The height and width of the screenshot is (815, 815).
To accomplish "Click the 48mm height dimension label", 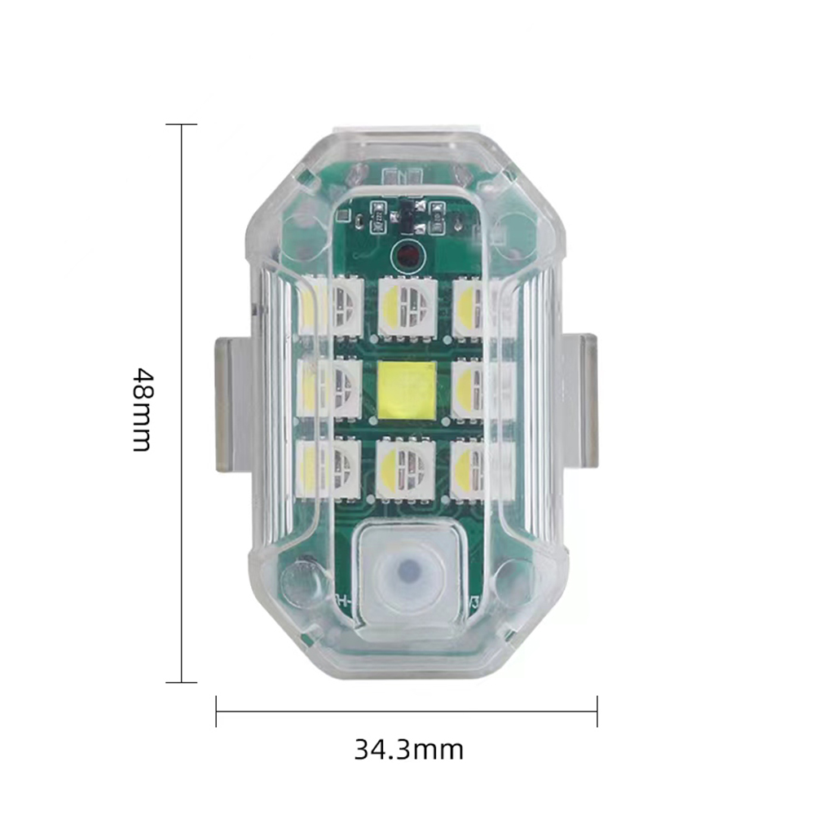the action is pyautogui.click(x=142, y=410).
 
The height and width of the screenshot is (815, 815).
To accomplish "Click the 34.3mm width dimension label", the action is pyautogui.click(x=408, y=750).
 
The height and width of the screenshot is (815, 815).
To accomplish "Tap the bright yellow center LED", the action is pyautogui.click(x=407, y=390).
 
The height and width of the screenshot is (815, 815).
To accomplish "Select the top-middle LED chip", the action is pyautogui.click(x=407, y=306).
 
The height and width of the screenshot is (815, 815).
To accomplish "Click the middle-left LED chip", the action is pyautogui.click(x=330, y=389).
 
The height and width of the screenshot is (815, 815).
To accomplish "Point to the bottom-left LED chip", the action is pyautogui.click(x=330, y=469).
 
